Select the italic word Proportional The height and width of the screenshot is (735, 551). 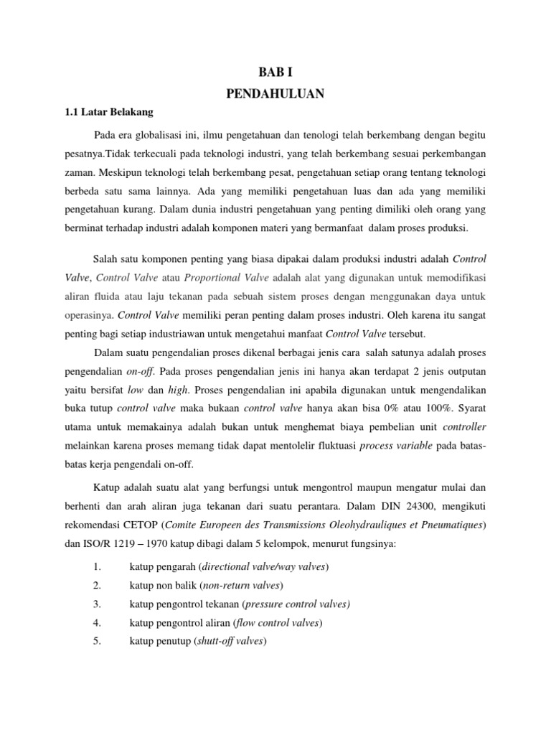click(215, 277)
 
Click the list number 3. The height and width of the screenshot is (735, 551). click(97, 584)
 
